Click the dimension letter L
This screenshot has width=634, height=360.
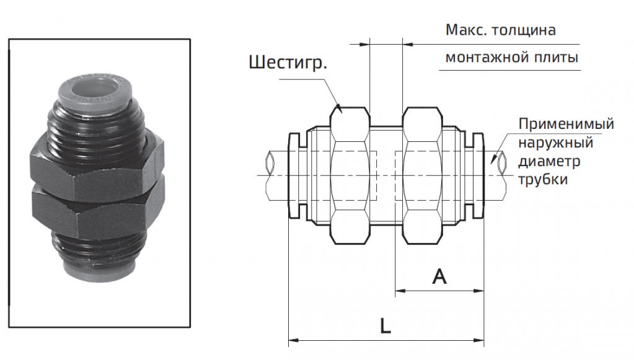tap(385, 327)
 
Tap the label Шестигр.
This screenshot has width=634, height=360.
tap(288, 63)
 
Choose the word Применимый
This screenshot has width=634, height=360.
tap(566, 124)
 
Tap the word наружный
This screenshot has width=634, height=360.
tap(556, 143)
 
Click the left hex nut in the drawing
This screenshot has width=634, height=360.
tap(351, 175)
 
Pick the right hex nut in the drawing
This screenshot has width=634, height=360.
tap(423, 175)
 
